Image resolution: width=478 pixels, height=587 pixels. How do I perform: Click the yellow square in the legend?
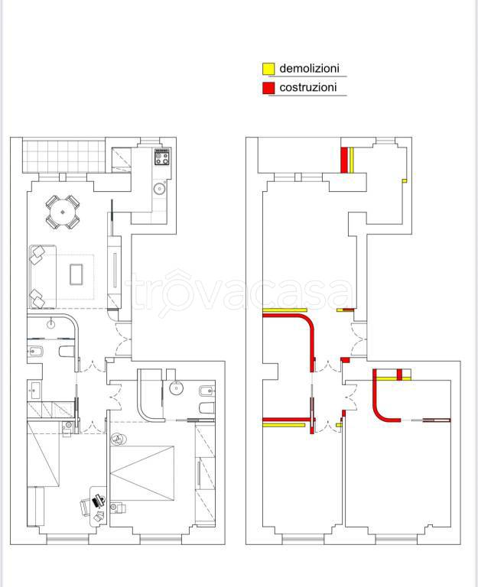pyautogui.click(x=268, y=69)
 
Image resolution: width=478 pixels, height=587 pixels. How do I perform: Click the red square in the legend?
pyautogui.click(x=268, y=88)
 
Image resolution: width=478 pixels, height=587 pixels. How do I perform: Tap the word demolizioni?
pyautogui.click(x=310, y=68)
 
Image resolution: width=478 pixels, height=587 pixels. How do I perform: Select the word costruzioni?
pyautogui.click(x=308, y=87)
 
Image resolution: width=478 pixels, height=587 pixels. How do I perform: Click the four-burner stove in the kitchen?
pyautogui.click(x=163, y=156)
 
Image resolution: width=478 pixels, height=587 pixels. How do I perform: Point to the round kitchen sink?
pyautogui.click(x=160, y=189)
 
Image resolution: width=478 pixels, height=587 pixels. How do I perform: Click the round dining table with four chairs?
pyautogui.click(x=63, y=212)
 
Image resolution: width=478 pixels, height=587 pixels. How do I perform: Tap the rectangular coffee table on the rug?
pyautogui.click(x=76, y=274)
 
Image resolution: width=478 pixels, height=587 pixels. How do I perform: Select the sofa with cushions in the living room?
pyautogui.click(x=42, y=277)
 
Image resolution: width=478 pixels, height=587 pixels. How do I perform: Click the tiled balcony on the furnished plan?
pyautogui.click(x=63, y=155)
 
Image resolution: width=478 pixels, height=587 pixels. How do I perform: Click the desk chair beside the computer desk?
pyautogui.click(x=86, y=508)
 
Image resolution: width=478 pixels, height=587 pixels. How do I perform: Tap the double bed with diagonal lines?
pyautogui.click(x=142, y=473)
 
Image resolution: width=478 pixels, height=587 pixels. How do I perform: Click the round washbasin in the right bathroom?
pyautogui.click(x=176, y=388)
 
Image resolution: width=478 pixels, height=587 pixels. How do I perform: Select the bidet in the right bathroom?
pyautogui.click(x=206, y=391)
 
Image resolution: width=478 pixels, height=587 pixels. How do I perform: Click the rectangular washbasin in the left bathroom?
pyautogui.click(x=34, y=390)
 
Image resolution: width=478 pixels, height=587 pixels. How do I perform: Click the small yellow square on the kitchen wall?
pyautogui.click(x=405, y=181)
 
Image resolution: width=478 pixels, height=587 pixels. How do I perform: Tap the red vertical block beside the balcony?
pyautogui.click(x=344, y=161)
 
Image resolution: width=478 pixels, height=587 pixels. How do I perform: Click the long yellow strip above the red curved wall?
pyautogui.click(x=285, y=310)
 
